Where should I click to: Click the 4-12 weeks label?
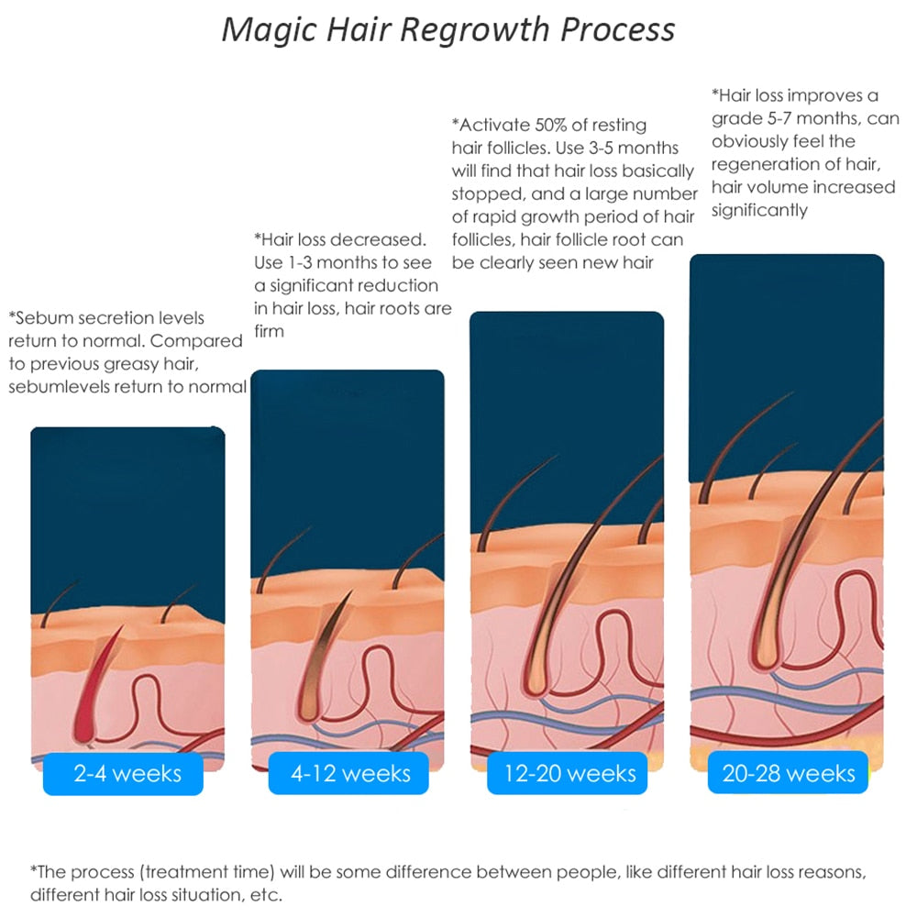pyautogui.click(x=351, y=773)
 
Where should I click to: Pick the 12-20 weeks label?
pyautogui.click(x=569, y=773)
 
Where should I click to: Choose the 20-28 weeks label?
pyautogui.click(x=789, y=773)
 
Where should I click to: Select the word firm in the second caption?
pyautogui.click(x=269, y=331)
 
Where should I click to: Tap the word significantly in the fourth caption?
pyautogui.click(x=759, y=210)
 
